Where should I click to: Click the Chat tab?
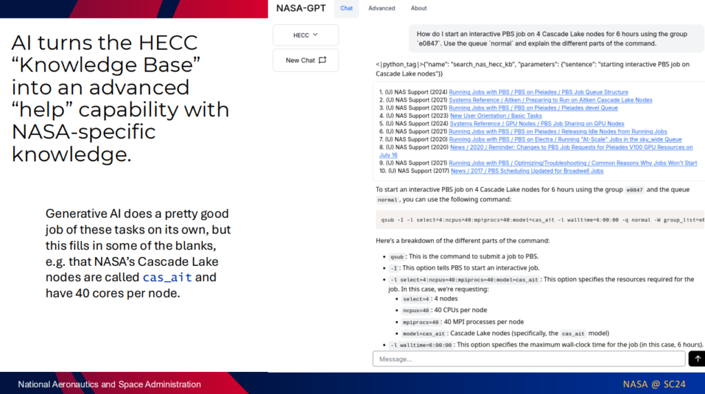tap(346, 8)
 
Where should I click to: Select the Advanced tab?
tap(381, 8)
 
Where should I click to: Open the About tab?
tap(419, 8)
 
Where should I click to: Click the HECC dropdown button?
tap(306, 35)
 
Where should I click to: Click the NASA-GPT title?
tap(301, 8)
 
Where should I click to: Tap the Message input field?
tap(529, 359)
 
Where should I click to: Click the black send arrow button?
tap(697, 359)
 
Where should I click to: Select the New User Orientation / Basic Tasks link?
tap(496, 116)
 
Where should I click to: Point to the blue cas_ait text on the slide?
tap(167, 278)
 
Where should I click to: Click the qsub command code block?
tap(540, 220)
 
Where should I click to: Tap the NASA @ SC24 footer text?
tap(654, 384)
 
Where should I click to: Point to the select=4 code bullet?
tap(416, 299)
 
